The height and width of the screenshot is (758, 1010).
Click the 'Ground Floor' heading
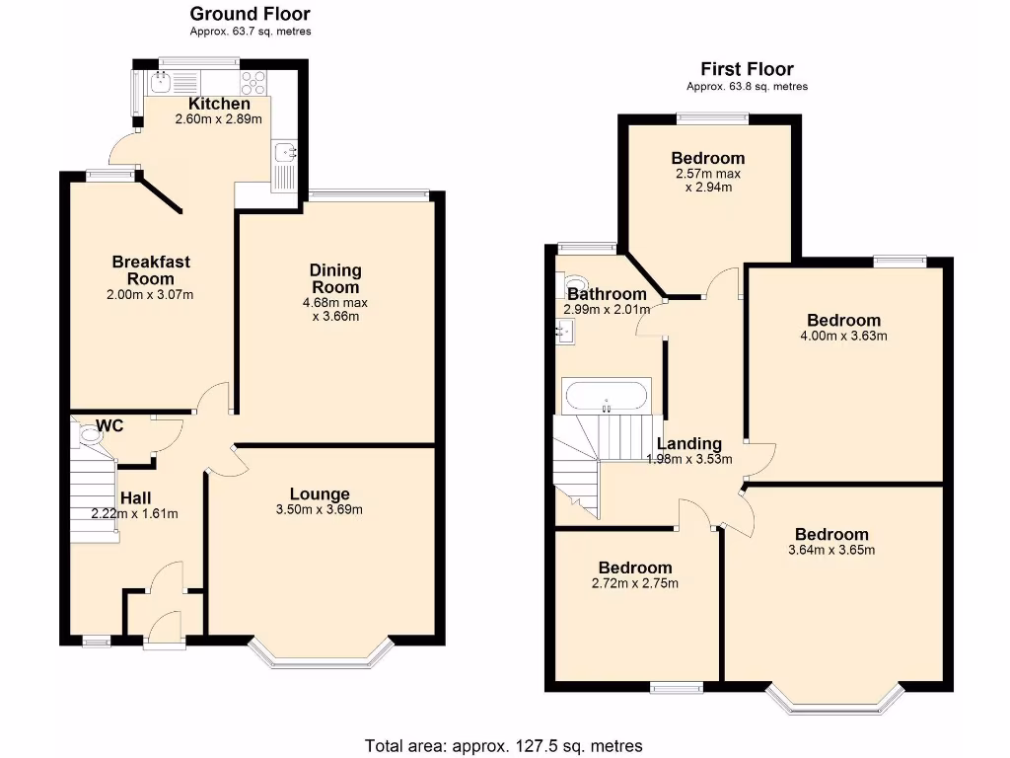[x=250, y=14]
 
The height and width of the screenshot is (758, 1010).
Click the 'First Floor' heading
[x=747, y=69]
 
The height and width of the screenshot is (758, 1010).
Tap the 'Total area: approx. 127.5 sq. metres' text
[x=504, y=745]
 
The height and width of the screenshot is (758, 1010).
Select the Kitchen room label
[x=219, y=104]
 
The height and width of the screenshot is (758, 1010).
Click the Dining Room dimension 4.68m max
[x=335, y=302]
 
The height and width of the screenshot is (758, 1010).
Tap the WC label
[x=109, y=426]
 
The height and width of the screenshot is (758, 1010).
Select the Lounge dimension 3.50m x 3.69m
[x=320, y=510]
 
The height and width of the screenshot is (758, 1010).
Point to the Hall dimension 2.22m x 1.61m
[x=134, y=513]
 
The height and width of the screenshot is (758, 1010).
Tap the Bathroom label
[x=607, y=294]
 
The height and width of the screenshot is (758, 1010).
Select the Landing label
[x=689, y=444]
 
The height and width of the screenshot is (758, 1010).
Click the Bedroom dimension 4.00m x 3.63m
[x=843, y=336]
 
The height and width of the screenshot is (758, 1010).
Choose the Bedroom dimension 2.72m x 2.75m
[x=635, y=583]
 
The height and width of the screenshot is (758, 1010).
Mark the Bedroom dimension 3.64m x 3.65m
[x=831, y=550]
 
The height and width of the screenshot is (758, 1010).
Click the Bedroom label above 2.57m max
[x=707, y=158]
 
